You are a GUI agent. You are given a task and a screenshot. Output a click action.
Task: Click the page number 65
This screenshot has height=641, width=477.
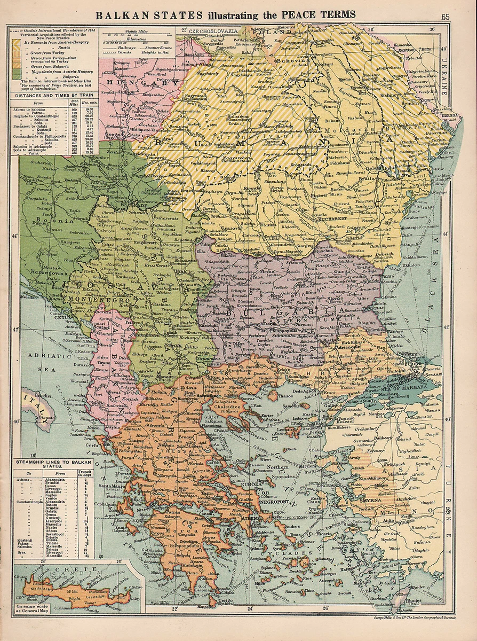[x=446, y=15]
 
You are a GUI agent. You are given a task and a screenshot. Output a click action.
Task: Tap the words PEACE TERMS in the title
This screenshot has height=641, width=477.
[x=320, y=15]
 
